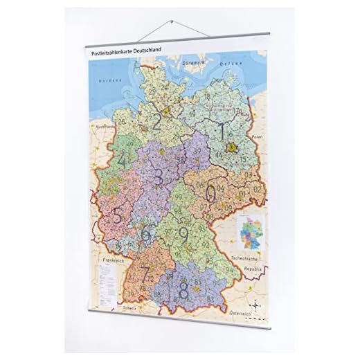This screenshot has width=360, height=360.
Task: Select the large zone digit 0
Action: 210,193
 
